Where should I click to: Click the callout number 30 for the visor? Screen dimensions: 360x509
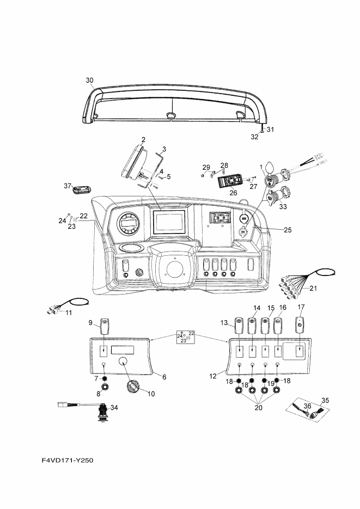[90, 80]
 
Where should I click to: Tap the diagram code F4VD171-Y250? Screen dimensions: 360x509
[68, 460]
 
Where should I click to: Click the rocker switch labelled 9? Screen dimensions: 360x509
[104, 327]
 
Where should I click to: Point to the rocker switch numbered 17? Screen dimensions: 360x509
[300, 324]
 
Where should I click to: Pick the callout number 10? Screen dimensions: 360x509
[151, 394]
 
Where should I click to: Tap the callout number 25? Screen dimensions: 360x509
[288, 230]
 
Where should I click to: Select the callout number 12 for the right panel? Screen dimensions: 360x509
[212, 376]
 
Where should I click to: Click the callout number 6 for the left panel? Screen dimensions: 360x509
[164, 377]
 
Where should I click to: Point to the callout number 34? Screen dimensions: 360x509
[114, 407]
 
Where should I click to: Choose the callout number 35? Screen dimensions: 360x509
[325, 400]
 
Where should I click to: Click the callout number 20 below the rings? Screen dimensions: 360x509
[258, 407]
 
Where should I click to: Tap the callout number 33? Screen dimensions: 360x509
[283, 206]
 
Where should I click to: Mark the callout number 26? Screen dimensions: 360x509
[233, 193]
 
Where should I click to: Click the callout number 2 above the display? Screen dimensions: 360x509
[143, 139]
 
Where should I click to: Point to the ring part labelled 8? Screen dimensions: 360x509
[105, 387]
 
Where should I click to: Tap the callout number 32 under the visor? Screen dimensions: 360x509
[254, 137]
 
